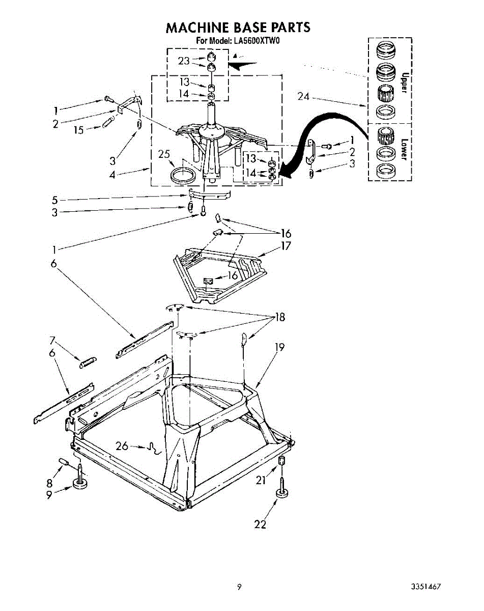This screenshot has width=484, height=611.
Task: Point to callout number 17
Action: click(286, 246)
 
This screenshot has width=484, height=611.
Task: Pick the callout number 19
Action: click(279, 348)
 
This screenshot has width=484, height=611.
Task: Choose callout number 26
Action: click(122, 446)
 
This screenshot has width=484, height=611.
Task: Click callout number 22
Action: click(260, 524)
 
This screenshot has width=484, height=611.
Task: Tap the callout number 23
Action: click(184, 61)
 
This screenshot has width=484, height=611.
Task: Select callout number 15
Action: click(78, 130)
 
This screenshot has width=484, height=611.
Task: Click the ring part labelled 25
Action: click(184, 175)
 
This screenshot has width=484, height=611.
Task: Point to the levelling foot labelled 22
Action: click(282, 492)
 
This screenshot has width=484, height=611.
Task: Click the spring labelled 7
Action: click(87, 362)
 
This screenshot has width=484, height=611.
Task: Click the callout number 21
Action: click(261, 479)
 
